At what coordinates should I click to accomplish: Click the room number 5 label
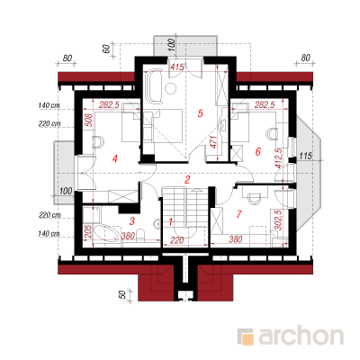tap(201, 113)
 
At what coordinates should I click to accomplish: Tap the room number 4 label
tap(114, 159)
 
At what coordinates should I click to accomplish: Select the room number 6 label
tap(257, 152)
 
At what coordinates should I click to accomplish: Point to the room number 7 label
tap(239, 214)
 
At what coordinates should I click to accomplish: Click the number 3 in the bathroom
tap(132, 221)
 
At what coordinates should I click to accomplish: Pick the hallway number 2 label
tap(187, 180)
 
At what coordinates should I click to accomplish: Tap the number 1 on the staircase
tap(170, 222)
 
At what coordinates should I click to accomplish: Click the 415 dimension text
tap(176, 67)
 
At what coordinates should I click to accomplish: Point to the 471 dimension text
tap(213, 142)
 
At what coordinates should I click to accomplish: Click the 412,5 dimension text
tap(279, 157)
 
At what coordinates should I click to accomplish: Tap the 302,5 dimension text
tap(278, 220)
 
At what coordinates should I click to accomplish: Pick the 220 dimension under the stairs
tap(177, 240)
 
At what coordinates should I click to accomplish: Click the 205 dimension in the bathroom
tap(88, 231)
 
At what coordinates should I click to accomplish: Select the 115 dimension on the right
tap(306, 156)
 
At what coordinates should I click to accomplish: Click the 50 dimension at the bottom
tap(122, 294)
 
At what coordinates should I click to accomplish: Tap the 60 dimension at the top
tap(106, 48)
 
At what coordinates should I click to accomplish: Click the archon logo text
tap(301, 336)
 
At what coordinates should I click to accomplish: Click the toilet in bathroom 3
tap(141, 235)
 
